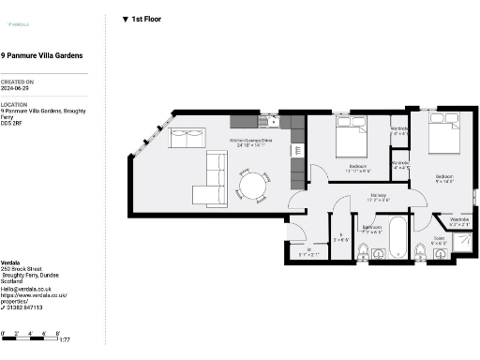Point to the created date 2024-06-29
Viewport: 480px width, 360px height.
coord(19,89)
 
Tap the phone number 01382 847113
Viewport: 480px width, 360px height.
coord(23,307)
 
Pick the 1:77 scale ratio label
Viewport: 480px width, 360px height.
coord(65,341)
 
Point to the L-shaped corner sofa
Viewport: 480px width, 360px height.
coord(210,181)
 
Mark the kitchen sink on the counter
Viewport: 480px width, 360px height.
coord(266,121)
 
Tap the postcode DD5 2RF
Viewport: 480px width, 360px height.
coord(12,123)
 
